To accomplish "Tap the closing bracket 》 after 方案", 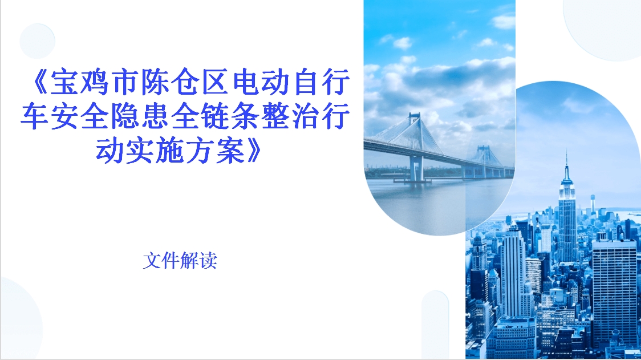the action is point(253,151).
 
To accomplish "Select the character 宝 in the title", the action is point(65,82).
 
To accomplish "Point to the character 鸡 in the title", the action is point(95,82).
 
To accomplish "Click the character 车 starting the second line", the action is point(35,116).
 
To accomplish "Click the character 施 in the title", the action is point(171,151).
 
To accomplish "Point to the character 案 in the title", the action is point(231,151).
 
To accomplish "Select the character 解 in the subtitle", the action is point(189,261).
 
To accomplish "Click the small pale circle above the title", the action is point(37,41).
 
